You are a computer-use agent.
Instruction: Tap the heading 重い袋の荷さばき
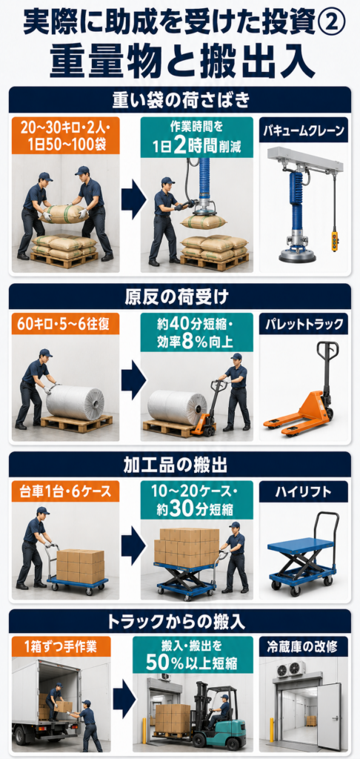click(x=180, y=100)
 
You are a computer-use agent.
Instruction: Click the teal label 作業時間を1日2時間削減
click(x=197, y=137)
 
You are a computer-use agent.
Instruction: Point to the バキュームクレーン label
click(x=304, y=130)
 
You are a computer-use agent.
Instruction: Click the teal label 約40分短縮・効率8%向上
click(x=197, y=331)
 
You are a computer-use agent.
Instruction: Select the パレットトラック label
click(x=304, y=325)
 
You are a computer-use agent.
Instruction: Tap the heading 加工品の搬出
click(x=180, y=465)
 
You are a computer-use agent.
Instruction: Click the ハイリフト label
click(x=304, y=492)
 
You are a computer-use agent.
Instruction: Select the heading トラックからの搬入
click(x=180, y=621)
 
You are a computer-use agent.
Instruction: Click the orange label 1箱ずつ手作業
click(x=61, y=646)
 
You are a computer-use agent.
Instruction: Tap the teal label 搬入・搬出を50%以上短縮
click(x=193, y=655)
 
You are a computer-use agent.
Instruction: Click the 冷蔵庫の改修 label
click(x=304, y=646)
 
